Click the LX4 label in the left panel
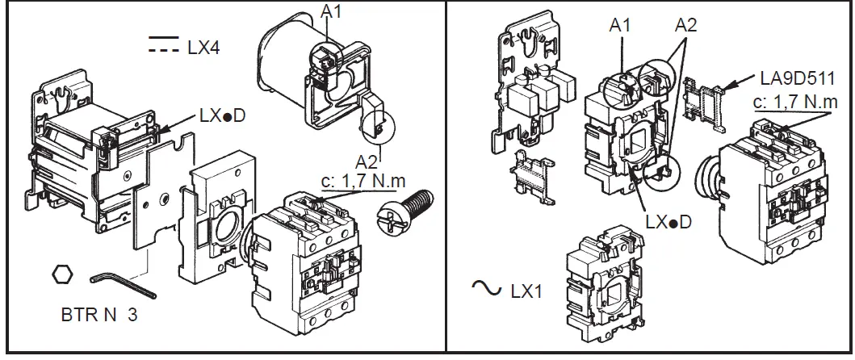point(203,48)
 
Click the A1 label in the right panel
point(620,25)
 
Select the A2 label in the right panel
point(686,25)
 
